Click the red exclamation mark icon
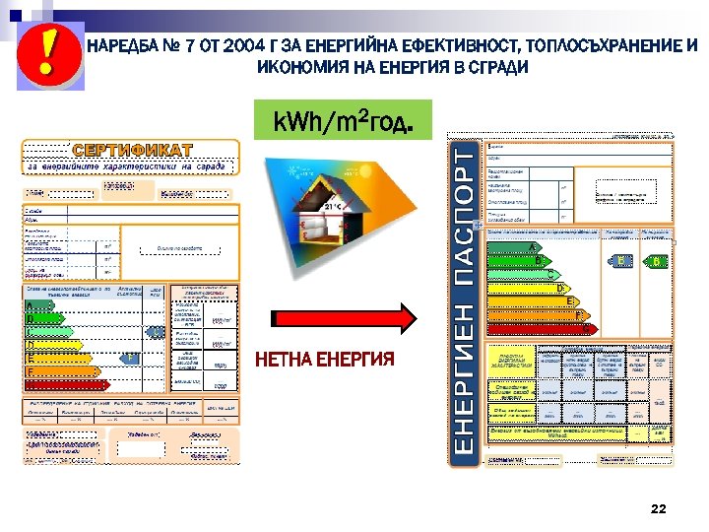click(44, 50)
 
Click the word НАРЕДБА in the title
click(119, 46)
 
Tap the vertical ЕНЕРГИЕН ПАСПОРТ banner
click(463, 301)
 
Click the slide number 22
click(659, 508)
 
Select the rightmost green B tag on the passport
click(655, 261)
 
